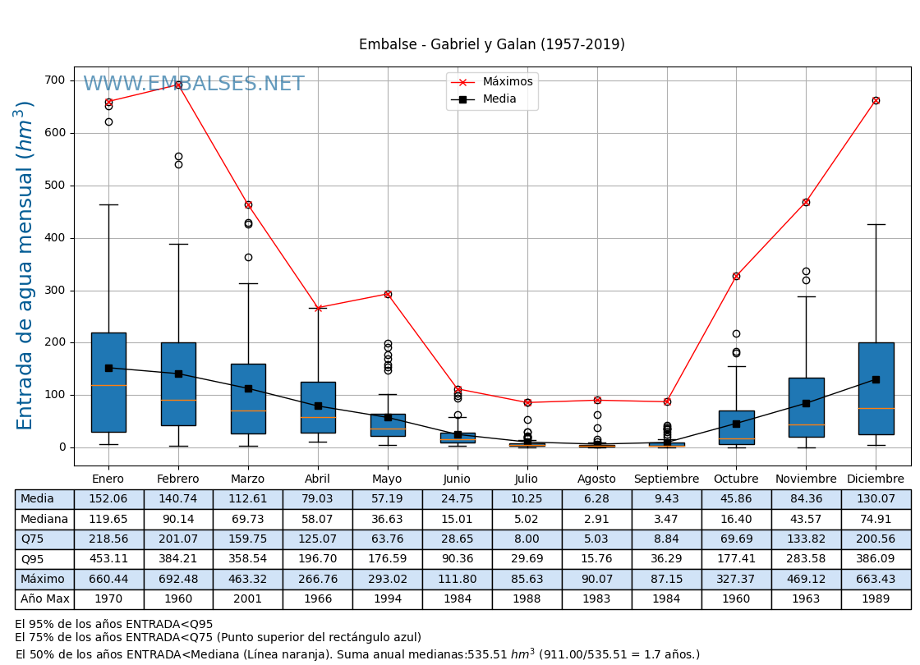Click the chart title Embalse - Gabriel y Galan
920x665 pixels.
[x=491, y=45]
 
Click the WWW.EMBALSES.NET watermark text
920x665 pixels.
[x=194, y=85]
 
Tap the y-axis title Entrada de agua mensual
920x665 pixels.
[x=25, y=265]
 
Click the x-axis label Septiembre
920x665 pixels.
[x=666, y=479]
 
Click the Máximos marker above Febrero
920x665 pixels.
[x=178, y=85]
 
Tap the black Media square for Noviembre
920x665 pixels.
[x=806, y=403]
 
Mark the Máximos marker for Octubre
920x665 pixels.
[x=736, y=276]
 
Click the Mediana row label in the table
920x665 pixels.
[x=44, y=519]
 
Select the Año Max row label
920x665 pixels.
[x=44, y=599]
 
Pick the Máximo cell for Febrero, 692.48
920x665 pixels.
[x=178, y=579]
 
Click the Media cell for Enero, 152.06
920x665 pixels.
[x=108, y=499]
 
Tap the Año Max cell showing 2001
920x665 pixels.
[x=248, y=599]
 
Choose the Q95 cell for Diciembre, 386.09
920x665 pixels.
[x=876, y=559]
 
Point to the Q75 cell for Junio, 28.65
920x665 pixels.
[x=458, y=539]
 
